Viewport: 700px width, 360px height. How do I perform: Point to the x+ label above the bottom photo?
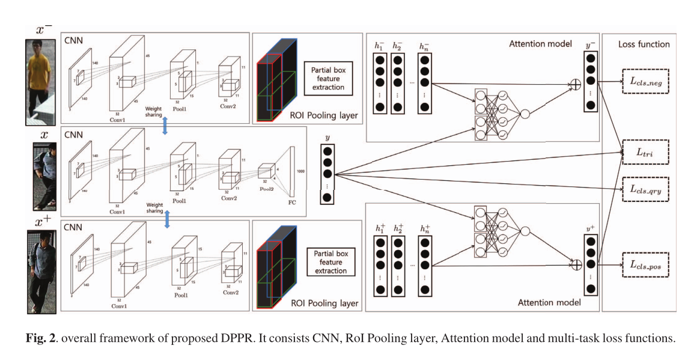[43, 223]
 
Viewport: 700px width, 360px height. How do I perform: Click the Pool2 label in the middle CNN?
[267, 188]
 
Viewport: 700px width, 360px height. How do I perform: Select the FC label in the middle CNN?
[293, 202]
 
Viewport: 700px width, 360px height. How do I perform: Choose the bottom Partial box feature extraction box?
[328, 261]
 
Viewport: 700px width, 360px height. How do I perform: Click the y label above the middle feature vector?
[327, 137]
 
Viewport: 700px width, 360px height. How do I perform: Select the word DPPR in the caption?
[227, 338]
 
